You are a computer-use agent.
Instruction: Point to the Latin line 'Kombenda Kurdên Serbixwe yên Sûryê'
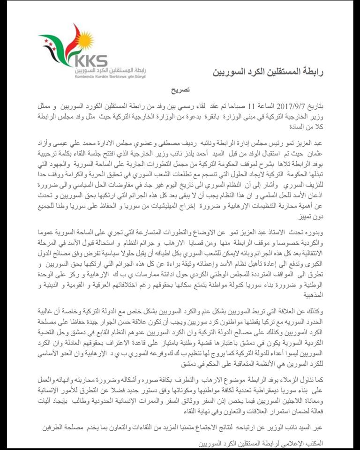(x=110, y=76)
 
